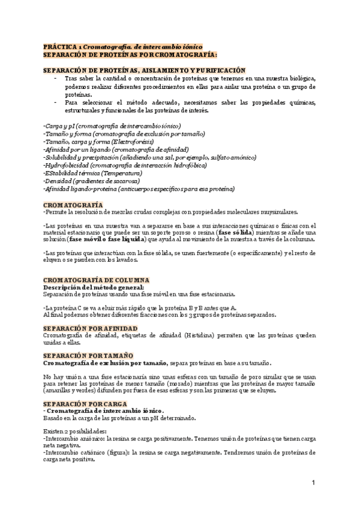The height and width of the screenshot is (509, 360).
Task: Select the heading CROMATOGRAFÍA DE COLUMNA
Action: pyautogui.click(x=97, y=280)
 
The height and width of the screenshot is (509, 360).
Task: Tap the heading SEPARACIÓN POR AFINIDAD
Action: pyautogui.click(x=91, y=328)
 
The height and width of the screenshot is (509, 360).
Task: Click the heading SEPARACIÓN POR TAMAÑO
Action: pyautogui.click(x=88, y=355)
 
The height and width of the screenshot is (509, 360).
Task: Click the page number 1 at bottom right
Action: pyautogui.click(x=313, y=483)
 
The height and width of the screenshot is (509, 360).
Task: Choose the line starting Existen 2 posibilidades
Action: pyautogui.click(x=75, y=430)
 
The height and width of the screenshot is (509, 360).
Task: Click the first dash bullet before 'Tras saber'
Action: pyautogui.click(x=56, y=79)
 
